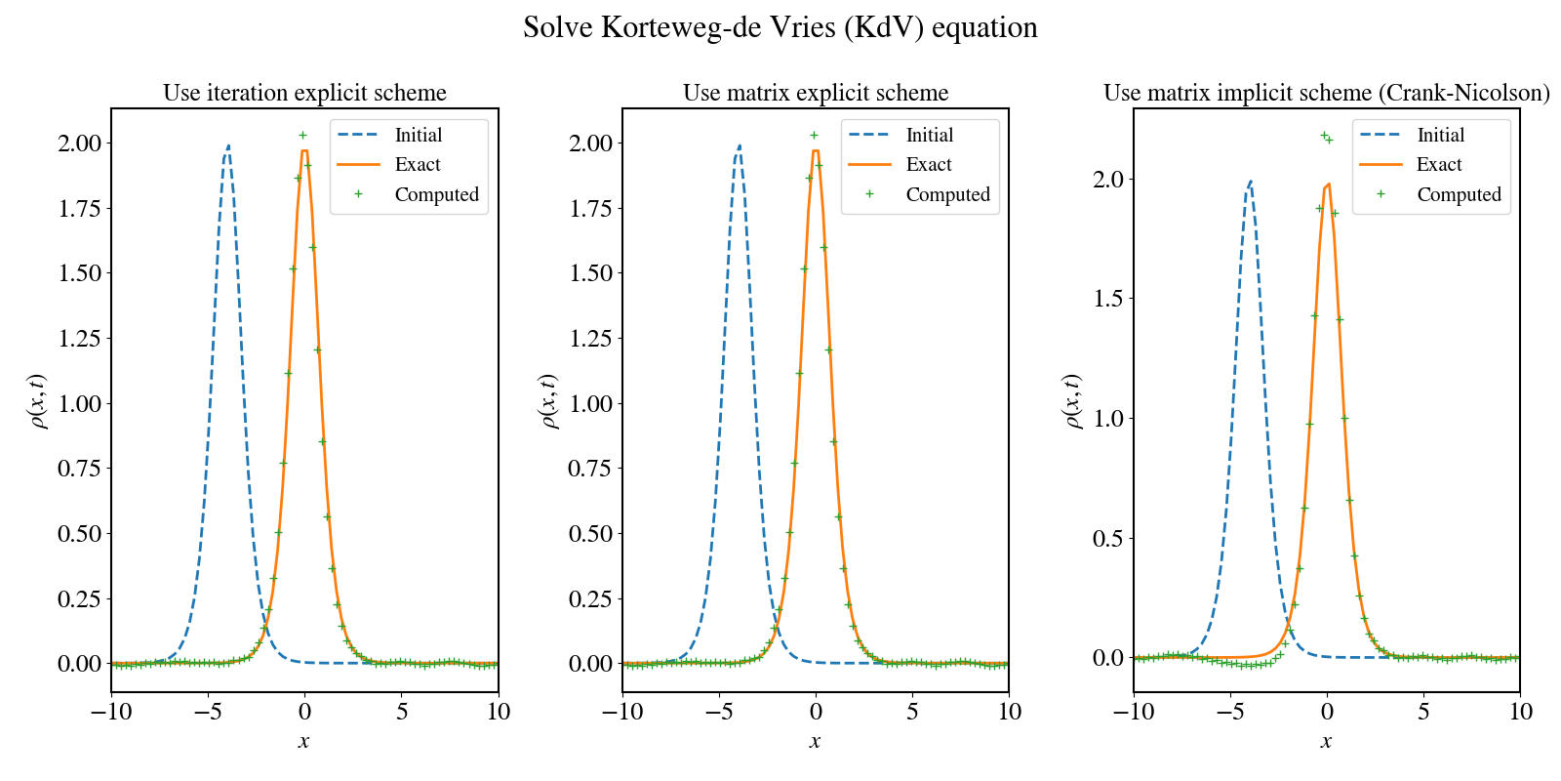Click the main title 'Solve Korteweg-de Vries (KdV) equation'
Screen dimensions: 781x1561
[x=780, y=27]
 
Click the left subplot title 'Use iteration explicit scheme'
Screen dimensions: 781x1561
[x=304, y=93]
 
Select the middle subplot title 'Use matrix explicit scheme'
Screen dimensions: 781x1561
[x=816, y=93]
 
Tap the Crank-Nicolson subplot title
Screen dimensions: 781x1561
[x=1326, y=93]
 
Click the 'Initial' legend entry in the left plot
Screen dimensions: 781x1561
[x=418, y=135]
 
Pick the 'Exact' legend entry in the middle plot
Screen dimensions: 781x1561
[x=928, y=164]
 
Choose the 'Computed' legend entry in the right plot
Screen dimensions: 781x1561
[x=1459, y=194]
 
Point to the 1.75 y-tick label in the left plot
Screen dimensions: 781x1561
[x=79, y=208]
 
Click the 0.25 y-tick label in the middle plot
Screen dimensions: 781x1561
[x=590, y=598]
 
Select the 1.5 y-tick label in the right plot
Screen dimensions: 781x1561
[x=1107, y=299]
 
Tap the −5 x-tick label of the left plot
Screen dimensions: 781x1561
[x=208, y=712]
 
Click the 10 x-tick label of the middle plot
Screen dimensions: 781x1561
[x=1009, y=712]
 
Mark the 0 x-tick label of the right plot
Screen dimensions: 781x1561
[x=1327, y=712]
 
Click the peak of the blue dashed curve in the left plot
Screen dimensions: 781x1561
[x=227, y=146]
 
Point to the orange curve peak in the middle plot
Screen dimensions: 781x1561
[x=816, y=150]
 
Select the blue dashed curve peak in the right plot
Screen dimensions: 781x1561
[x=1250, y=182]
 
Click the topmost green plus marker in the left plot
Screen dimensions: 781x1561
[x=302, y=135]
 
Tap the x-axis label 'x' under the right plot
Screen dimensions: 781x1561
[x=1326, y=741]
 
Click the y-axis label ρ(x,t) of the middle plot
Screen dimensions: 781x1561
[x=548, y=400]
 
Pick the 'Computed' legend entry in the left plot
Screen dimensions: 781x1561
[x=436, y=194]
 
